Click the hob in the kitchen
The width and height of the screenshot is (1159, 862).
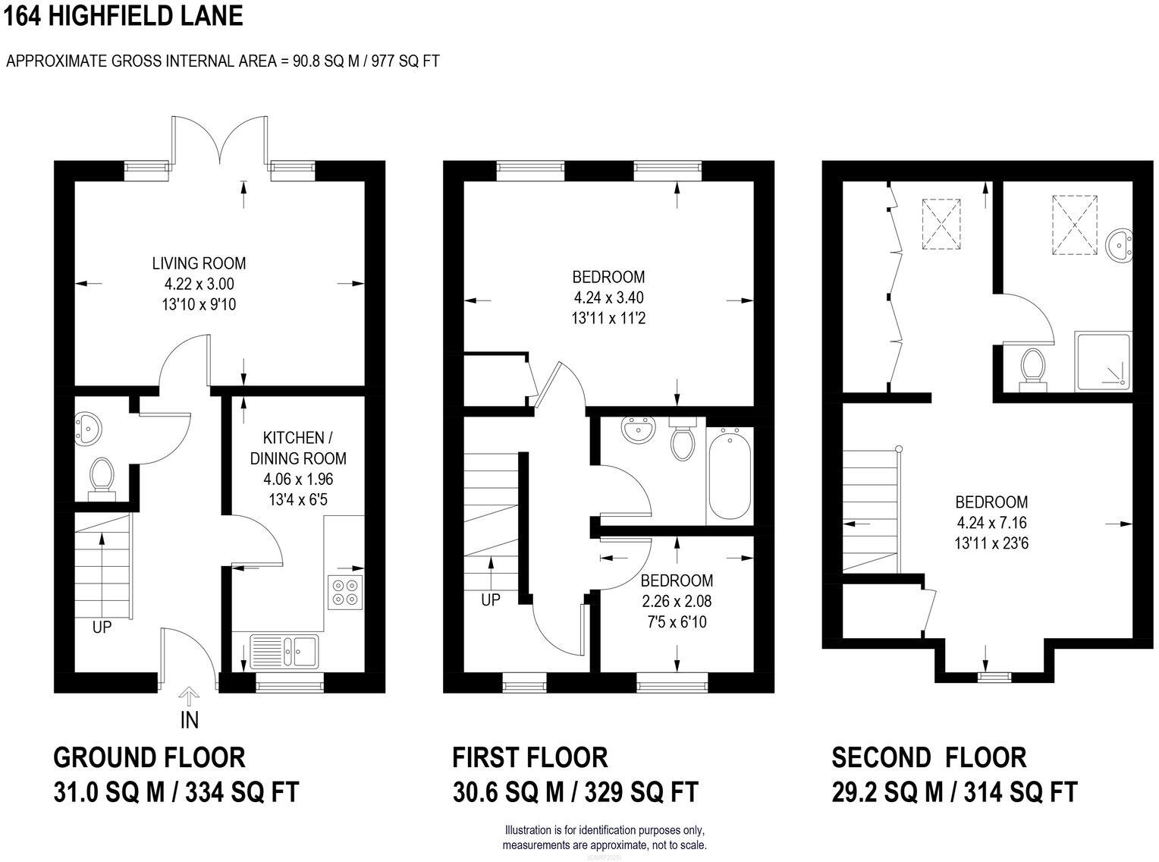coord(345,592)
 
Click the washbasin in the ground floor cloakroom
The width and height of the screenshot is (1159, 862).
coord(87,429)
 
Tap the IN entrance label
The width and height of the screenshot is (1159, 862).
coord(189,719)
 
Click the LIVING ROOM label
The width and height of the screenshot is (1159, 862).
coord(199,263)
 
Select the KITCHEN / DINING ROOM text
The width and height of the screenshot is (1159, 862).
coord(303,448)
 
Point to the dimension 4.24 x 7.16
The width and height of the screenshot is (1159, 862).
coord(991,522)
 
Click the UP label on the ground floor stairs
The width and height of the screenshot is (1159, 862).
coord(102,628)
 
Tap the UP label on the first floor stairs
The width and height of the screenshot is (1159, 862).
coord(491,599)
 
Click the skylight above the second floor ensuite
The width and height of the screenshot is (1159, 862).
coord(1074,221)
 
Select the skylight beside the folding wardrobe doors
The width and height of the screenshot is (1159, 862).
coord(941,224)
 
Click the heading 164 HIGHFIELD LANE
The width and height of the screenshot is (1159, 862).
coord(123,15)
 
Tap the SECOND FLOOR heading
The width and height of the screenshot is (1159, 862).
coord(928,757)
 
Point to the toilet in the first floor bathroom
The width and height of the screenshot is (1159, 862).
coord(682,440)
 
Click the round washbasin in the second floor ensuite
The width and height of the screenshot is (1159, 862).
coord(1118,246)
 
